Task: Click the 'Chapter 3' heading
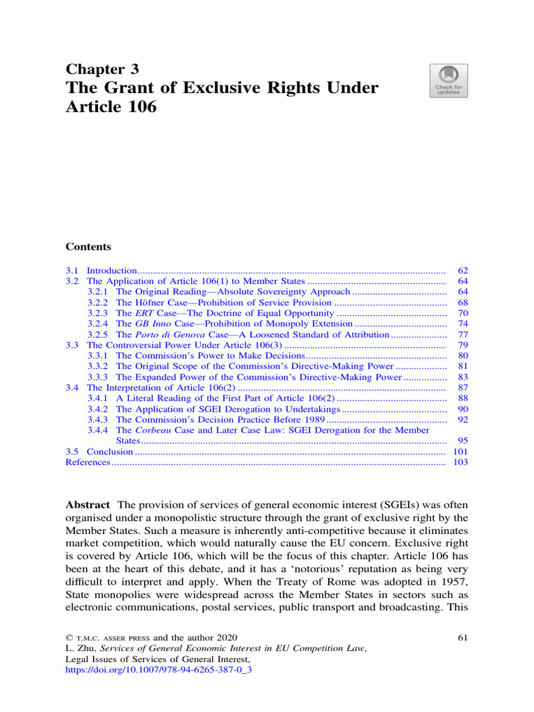[x=102, y=69]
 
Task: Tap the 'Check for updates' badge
[x=449, y=81]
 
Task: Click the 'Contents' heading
[x=88, y=247]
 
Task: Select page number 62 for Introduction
[x=462, y=270]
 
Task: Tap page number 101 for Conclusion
[x=460, y=452]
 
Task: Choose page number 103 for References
[x=460, y=462]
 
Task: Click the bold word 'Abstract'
[x=88, y=504]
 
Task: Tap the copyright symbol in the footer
[x=69, y=638]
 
